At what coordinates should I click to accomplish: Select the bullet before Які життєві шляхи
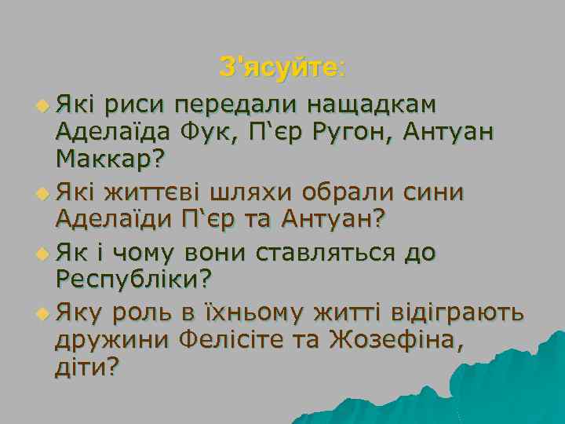[42, 192]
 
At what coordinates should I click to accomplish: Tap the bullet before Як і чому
[42, 253]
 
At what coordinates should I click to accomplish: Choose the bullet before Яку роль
[42, 313]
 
